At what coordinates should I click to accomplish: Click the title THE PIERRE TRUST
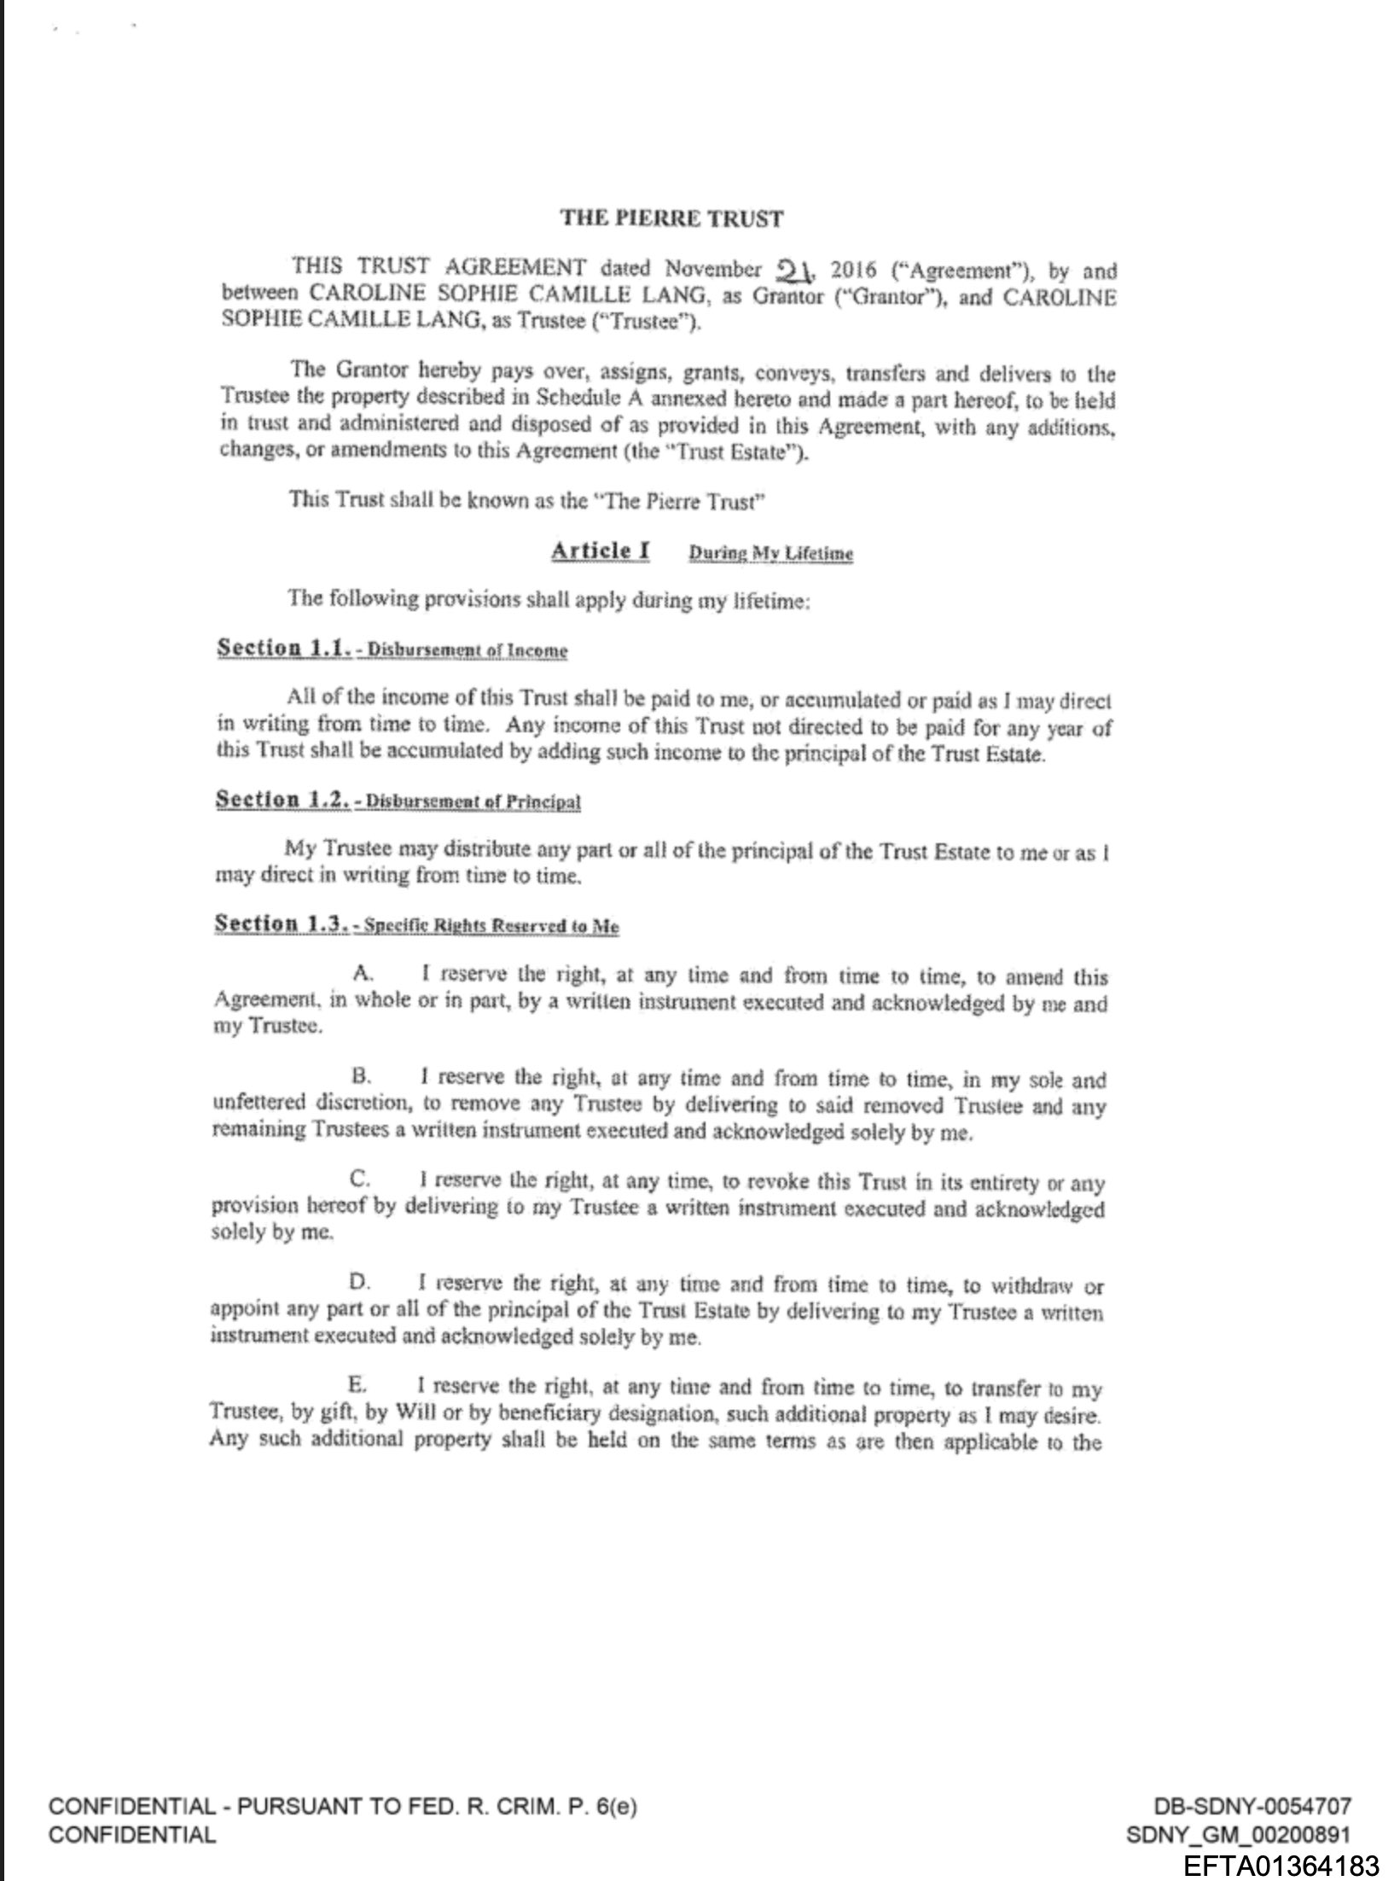coord(671,218)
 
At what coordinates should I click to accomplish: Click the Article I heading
coord(600,550)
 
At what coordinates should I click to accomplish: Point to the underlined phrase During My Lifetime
coord(770,554)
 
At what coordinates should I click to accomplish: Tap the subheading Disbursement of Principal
coord(473,803)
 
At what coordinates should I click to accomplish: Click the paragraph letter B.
coord(359,1078)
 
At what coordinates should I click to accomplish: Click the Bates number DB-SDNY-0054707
coord(1252,1806)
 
